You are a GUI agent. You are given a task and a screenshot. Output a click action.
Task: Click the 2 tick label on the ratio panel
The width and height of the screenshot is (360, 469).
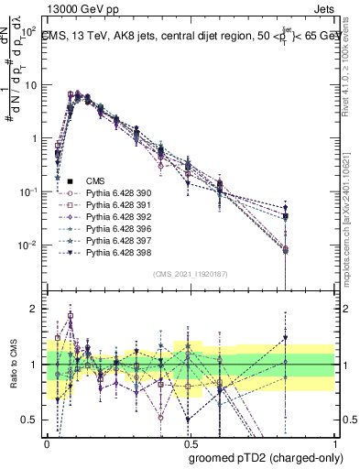pyautogui.click(x=34, y=310)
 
